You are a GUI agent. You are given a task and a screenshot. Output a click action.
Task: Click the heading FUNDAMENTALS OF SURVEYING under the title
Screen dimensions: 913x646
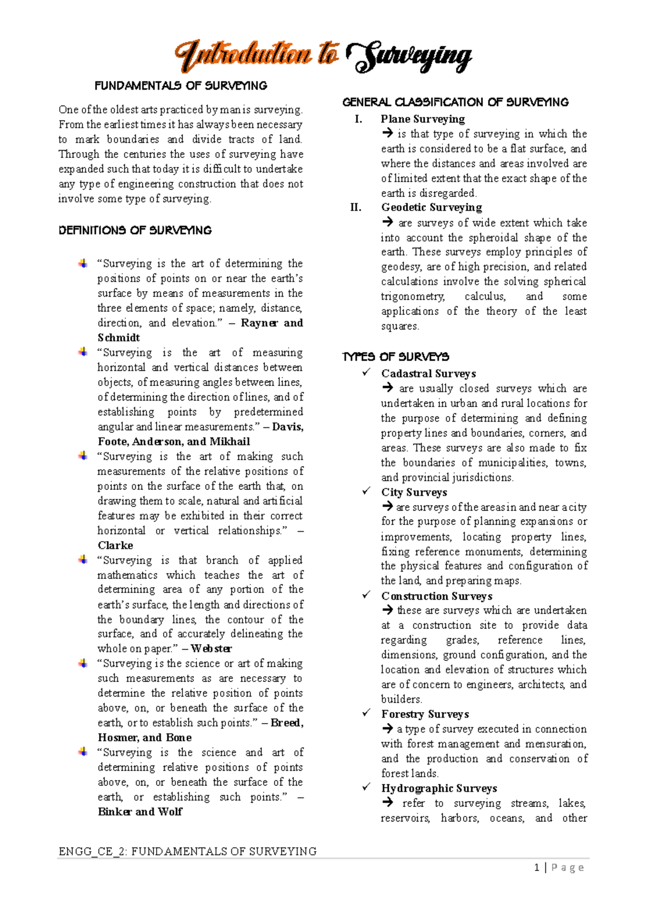181,86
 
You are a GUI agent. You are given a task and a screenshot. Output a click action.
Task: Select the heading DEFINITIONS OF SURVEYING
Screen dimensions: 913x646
135,230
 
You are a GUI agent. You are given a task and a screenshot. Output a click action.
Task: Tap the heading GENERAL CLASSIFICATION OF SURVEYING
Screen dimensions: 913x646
455,102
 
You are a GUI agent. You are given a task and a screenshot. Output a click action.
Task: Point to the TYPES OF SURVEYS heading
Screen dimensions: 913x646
396,357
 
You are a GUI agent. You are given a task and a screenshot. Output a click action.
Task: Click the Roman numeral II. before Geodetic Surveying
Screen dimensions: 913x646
356,208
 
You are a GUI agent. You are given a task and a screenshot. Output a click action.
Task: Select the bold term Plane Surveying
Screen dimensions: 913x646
423,119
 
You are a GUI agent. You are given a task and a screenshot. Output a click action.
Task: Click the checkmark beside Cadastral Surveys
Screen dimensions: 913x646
367,373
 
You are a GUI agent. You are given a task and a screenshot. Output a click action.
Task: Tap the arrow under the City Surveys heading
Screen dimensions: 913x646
387,506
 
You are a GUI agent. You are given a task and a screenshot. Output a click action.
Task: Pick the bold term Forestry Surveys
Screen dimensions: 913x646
425,714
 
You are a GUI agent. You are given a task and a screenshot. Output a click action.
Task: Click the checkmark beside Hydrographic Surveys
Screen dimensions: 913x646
367,787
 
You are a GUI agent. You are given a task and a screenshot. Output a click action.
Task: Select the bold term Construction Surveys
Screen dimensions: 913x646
437,596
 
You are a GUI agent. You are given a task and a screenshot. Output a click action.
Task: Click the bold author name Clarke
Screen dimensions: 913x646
115,545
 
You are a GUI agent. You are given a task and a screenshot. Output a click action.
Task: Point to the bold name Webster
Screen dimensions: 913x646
211,649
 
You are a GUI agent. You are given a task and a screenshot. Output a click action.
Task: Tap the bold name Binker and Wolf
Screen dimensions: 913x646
140,812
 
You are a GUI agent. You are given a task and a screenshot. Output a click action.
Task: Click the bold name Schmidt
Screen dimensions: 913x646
119,338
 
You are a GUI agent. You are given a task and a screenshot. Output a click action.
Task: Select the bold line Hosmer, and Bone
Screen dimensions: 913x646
144,738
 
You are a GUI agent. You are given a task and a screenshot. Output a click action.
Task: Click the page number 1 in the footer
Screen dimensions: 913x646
537,867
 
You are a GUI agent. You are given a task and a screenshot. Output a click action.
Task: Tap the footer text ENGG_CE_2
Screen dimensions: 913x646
92,852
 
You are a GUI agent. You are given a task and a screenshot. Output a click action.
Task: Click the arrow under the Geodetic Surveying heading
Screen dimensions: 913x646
388,222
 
